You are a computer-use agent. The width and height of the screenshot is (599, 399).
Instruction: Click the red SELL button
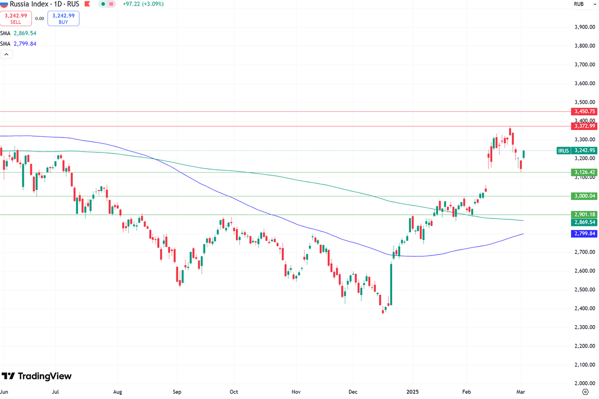[16, 18]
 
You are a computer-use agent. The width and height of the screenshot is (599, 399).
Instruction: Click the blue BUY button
[63, 18]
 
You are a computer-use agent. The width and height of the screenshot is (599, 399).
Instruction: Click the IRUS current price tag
[577, 150]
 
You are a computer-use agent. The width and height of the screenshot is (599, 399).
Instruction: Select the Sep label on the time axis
[176, 392]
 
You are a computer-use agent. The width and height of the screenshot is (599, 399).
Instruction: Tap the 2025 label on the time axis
[413, 392]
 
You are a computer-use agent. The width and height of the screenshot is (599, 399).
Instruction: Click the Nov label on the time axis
[295, 392]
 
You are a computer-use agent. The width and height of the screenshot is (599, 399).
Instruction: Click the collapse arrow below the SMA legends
[7, 54]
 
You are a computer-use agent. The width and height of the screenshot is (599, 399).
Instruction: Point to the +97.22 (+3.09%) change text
[139, 4]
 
